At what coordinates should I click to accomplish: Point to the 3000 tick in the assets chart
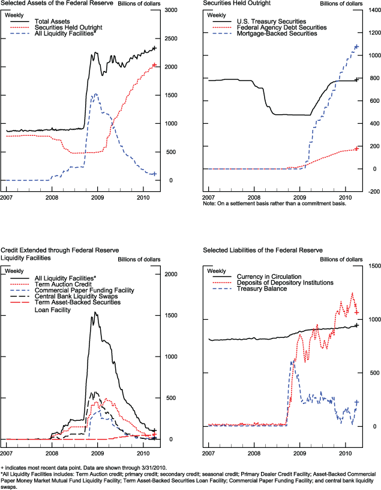point(171,11)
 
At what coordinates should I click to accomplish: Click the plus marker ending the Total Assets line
point(154,48)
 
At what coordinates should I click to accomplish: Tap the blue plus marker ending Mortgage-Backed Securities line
point(356,46)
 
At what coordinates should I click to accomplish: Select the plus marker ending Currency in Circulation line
point(356,325)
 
